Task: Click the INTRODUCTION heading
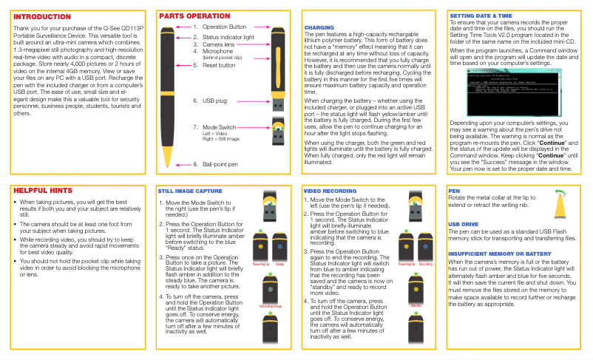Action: click(42, 17)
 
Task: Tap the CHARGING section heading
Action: click(319, 27)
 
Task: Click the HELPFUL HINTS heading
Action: click(44, 190)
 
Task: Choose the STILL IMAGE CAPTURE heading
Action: click(189, 191)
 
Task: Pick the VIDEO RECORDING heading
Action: click(331, 191)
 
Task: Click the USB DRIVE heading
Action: click(464, 223)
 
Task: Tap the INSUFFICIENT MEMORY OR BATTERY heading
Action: click(500, 254)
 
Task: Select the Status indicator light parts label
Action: click(228, 36)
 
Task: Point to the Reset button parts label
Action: click(219, 65)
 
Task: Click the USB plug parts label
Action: click(215, 100)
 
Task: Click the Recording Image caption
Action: click(271, 305)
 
